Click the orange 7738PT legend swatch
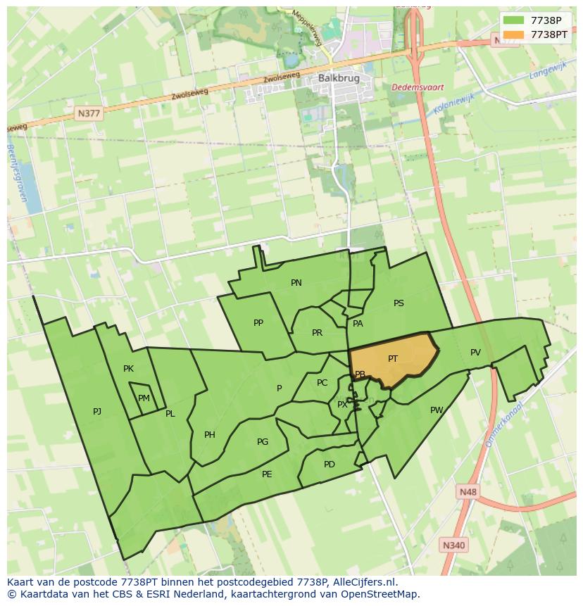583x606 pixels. click(x=514, y=34)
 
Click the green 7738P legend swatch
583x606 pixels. click(x=514, y=20)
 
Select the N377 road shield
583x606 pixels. click(x=89, y=113)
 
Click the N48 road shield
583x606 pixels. click(x=466, y=492)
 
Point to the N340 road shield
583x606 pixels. click(x=453, y=545)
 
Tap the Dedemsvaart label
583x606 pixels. click(x=418, y=87)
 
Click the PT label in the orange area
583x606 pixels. click(x=393, y=359)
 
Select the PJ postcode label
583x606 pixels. click(x=97, y=411)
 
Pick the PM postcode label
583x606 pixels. click(x=144, y=398)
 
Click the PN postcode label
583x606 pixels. click(x=296, y=283)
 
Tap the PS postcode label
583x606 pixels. click(x=399, y=303)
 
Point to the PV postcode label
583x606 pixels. click(x=475, y=353)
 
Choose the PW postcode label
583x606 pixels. click(x=437, y=410)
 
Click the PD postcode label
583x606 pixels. click(x=330, y=465)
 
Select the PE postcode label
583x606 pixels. click(x=267, y=474)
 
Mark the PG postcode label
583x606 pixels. click(x=263, y=442)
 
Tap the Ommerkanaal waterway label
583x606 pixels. click(x=503, y=424)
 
